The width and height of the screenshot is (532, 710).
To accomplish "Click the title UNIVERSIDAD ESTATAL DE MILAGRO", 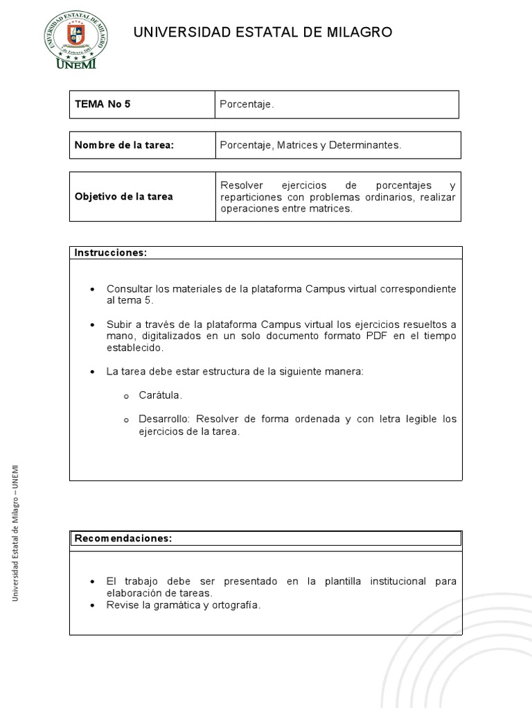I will [263, 32].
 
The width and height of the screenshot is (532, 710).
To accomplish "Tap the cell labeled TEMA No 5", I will [103, 105].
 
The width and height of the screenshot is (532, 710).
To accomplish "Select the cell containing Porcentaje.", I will [247, 105].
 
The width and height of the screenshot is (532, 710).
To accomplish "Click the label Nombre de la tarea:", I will [124, 145].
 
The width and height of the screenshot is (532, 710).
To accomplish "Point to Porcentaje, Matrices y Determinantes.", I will [310, 145].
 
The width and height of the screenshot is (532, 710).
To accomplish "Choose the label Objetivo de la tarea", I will [124, 197].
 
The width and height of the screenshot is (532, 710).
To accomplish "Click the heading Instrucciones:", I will [111, 252].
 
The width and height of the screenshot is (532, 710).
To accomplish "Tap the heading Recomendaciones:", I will [123, 538].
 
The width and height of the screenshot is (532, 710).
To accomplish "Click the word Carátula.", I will [160, 395].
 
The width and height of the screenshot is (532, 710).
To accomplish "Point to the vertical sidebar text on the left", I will [15, 532].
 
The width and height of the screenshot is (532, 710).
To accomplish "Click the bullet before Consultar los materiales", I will [93, 289].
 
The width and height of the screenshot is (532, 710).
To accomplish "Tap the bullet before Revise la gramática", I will [93, 605].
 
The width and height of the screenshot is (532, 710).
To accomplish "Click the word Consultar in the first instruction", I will [129, 288].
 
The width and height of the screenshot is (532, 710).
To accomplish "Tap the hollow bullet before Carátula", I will [126, 395].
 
